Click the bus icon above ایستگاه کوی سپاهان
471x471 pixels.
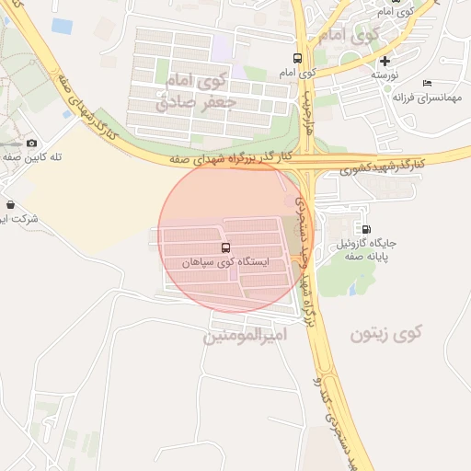coord(226,247)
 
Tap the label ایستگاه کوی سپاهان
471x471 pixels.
coord(226,262)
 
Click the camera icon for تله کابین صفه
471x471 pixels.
coord(33,143)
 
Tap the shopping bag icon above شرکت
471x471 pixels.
coord(10,204)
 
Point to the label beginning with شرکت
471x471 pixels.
coord(18,219)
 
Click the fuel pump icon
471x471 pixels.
coord(367,229)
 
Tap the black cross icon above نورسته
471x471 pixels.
coord(385,60)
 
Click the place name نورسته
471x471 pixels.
coord(385,74)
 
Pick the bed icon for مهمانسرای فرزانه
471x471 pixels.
coord(426,83)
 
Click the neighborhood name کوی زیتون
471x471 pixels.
coord(384,334)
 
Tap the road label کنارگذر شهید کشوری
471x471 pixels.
coord(382,166)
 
